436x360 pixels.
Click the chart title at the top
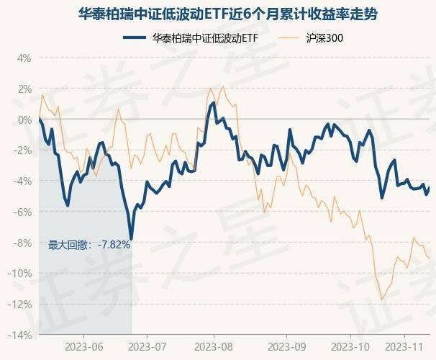click(218, 14)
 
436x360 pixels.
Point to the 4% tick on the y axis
click(24, 58)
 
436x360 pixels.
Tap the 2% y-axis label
click(24, 89)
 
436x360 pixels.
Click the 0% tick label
click(24, 120)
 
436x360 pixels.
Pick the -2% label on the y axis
click(22, 150)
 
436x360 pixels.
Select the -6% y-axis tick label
click(22, 212)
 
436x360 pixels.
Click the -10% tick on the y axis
click(20, 274)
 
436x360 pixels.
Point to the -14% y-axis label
click(20, 336)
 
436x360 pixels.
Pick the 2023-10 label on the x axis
click(350, 346)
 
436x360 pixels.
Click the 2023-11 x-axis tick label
click(405, 346)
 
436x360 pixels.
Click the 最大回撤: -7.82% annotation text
click(89, 245)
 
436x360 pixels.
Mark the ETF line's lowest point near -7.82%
click(131, 238)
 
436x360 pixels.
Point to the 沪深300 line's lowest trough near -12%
click(382, 299)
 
